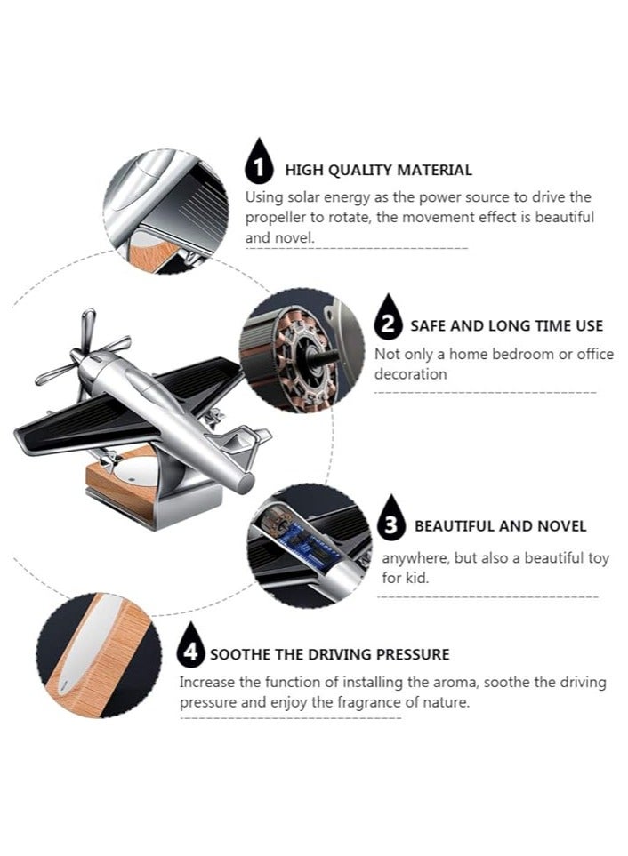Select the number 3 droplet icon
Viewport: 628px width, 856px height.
coord(390,521)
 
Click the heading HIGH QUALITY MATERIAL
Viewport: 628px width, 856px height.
coord(378,170)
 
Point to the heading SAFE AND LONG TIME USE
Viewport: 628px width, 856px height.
coord(506,326)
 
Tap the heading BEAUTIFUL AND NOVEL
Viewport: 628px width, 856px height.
coord(500,526)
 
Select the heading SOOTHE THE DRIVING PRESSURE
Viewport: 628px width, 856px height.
coord(329,655)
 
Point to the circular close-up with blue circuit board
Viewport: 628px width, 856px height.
coord(307,545)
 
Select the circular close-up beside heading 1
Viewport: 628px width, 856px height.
coord(165,212)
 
